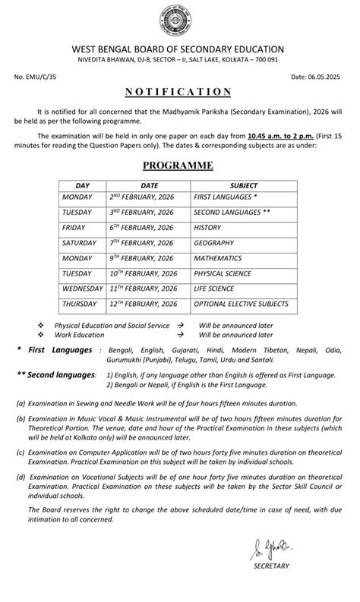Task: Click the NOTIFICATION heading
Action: [x=179, y=92]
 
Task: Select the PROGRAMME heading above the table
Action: [x=179, y=165]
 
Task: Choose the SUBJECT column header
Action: [x=243, y=185]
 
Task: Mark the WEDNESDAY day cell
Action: [x=82, y=289]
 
